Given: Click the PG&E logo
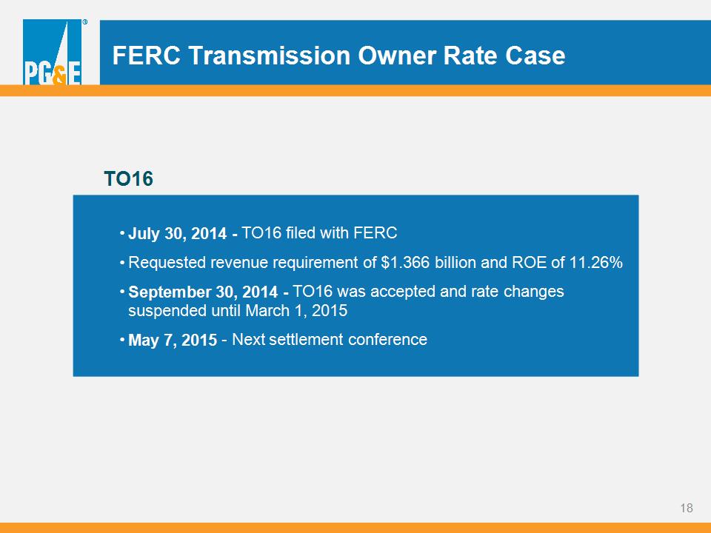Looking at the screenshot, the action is coord(52,52).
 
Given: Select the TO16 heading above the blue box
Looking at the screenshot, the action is coord(128,178).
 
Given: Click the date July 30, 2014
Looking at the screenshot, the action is coord(177,233).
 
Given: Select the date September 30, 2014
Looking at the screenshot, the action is coord(203,292).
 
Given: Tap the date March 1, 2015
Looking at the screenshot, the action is coord(296,311).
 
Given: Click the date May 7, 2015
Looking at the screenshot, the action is coord(173,340).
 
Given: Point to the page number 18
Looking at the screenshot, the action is coord(687,508).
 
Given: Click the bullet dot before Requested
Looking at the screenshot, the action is coord(122,262).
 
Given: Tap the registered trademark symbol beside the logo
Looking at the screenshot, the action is coord(84,21).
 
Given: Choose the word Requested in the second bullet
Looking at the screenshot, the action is coord(167,263).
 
